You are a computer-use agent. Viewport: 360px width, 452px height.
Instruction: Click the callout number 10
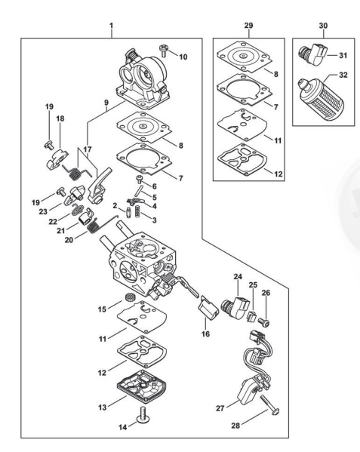pyautogui.click(x=183, y=57)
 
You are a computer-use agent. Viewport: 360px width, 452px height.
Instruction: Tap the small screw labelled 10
pyautogui.click(x=164, y=50)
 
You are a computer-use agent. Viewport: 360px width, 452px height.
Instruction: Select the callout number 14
pyautogui.click(x=123, y=427)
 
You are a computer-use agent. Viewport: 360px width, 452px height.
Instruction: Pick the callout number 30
pyautogui.click(x=323, y=26)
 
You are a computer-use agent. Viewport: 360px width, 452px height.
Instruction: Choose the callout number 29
pyautogui.click(x=248, y=26)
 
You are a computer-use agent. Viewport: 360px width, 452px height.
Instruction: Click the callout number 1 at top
pyautogui.click(x=111, y=26)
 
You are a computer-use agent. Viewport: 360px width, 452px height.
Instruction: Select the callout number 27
pyautogui.click(x=220, y=408)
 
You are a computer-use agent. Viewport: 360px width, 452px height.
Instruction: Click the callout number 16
pyautogui.click(x=205, y=334)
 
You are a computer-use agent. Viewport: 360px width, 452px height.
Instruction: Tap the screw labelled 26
pyautogui.click(x=264, y=322)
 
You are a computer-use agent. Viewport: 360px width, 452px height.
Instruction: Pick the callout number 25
pyautogui.click(x=253, y=285)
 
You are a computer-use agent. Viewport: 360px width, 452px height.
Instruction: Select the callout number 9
pyautogui.click(x=106, y=103)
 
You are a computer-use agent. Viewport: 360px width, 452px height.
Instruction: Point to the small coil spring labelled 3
pyautogui.click(x=138, y=211)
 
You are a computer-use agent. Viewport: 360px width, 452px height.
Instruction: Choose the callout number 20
pyautogui.click(x=69, y=240)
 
